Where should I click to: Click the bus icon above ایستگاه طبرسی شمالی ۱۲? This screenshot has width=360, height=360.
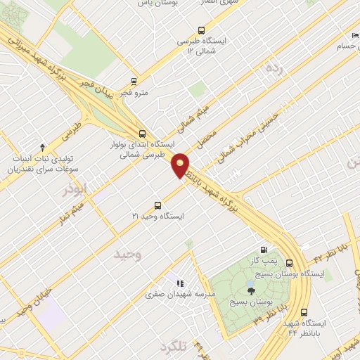(x=202, y=30)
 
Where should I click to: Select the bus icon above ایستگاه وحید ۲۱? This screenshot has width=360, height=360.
(x=157, y=206)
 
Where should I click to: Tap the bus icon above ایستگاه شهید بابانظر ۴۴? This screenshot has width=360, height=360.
(x=304, y=313)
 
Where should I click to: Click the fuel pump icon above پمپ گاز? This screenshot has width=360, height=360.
(x=264, y=250)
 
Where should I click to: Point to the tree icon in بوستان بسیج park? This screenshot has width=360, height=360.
(x=251, y=288)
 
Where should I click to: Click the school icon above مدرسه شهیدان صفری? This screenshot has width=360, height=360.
(x=180, y=283)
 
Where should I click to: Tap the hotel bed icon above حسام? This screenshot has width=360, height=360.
(x=353, y=36)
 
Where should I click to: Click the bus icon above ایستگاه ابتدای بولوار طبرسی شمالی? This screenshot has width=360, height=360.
(x=143, y=133)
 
